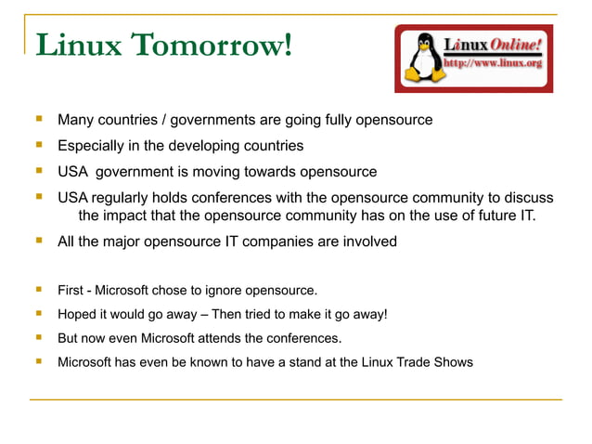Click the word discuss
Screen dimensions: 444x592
[x=526, y=198]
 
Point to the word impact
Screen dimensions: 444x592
[x=133, y=216]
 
